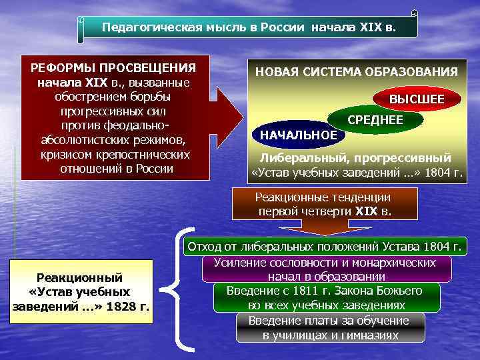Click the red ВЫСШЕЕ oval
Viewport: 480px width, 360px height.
tap(417, 99)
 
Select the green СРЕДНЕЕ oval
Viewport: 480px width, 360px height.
tap(375, 119)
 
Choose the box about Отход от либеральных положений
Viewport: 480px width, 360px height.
tap(325, 246)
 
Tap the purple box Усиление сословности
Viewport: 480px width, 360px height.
tap(325, 269)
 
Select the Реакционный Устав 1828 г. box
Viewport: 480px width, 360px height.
tap(81, 292)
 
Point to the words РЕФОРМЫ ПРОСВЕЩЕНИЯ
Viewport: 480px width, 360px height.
tap(113, 68)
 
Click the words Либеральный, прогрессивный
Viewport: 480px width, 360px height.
tap(355, 159)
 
